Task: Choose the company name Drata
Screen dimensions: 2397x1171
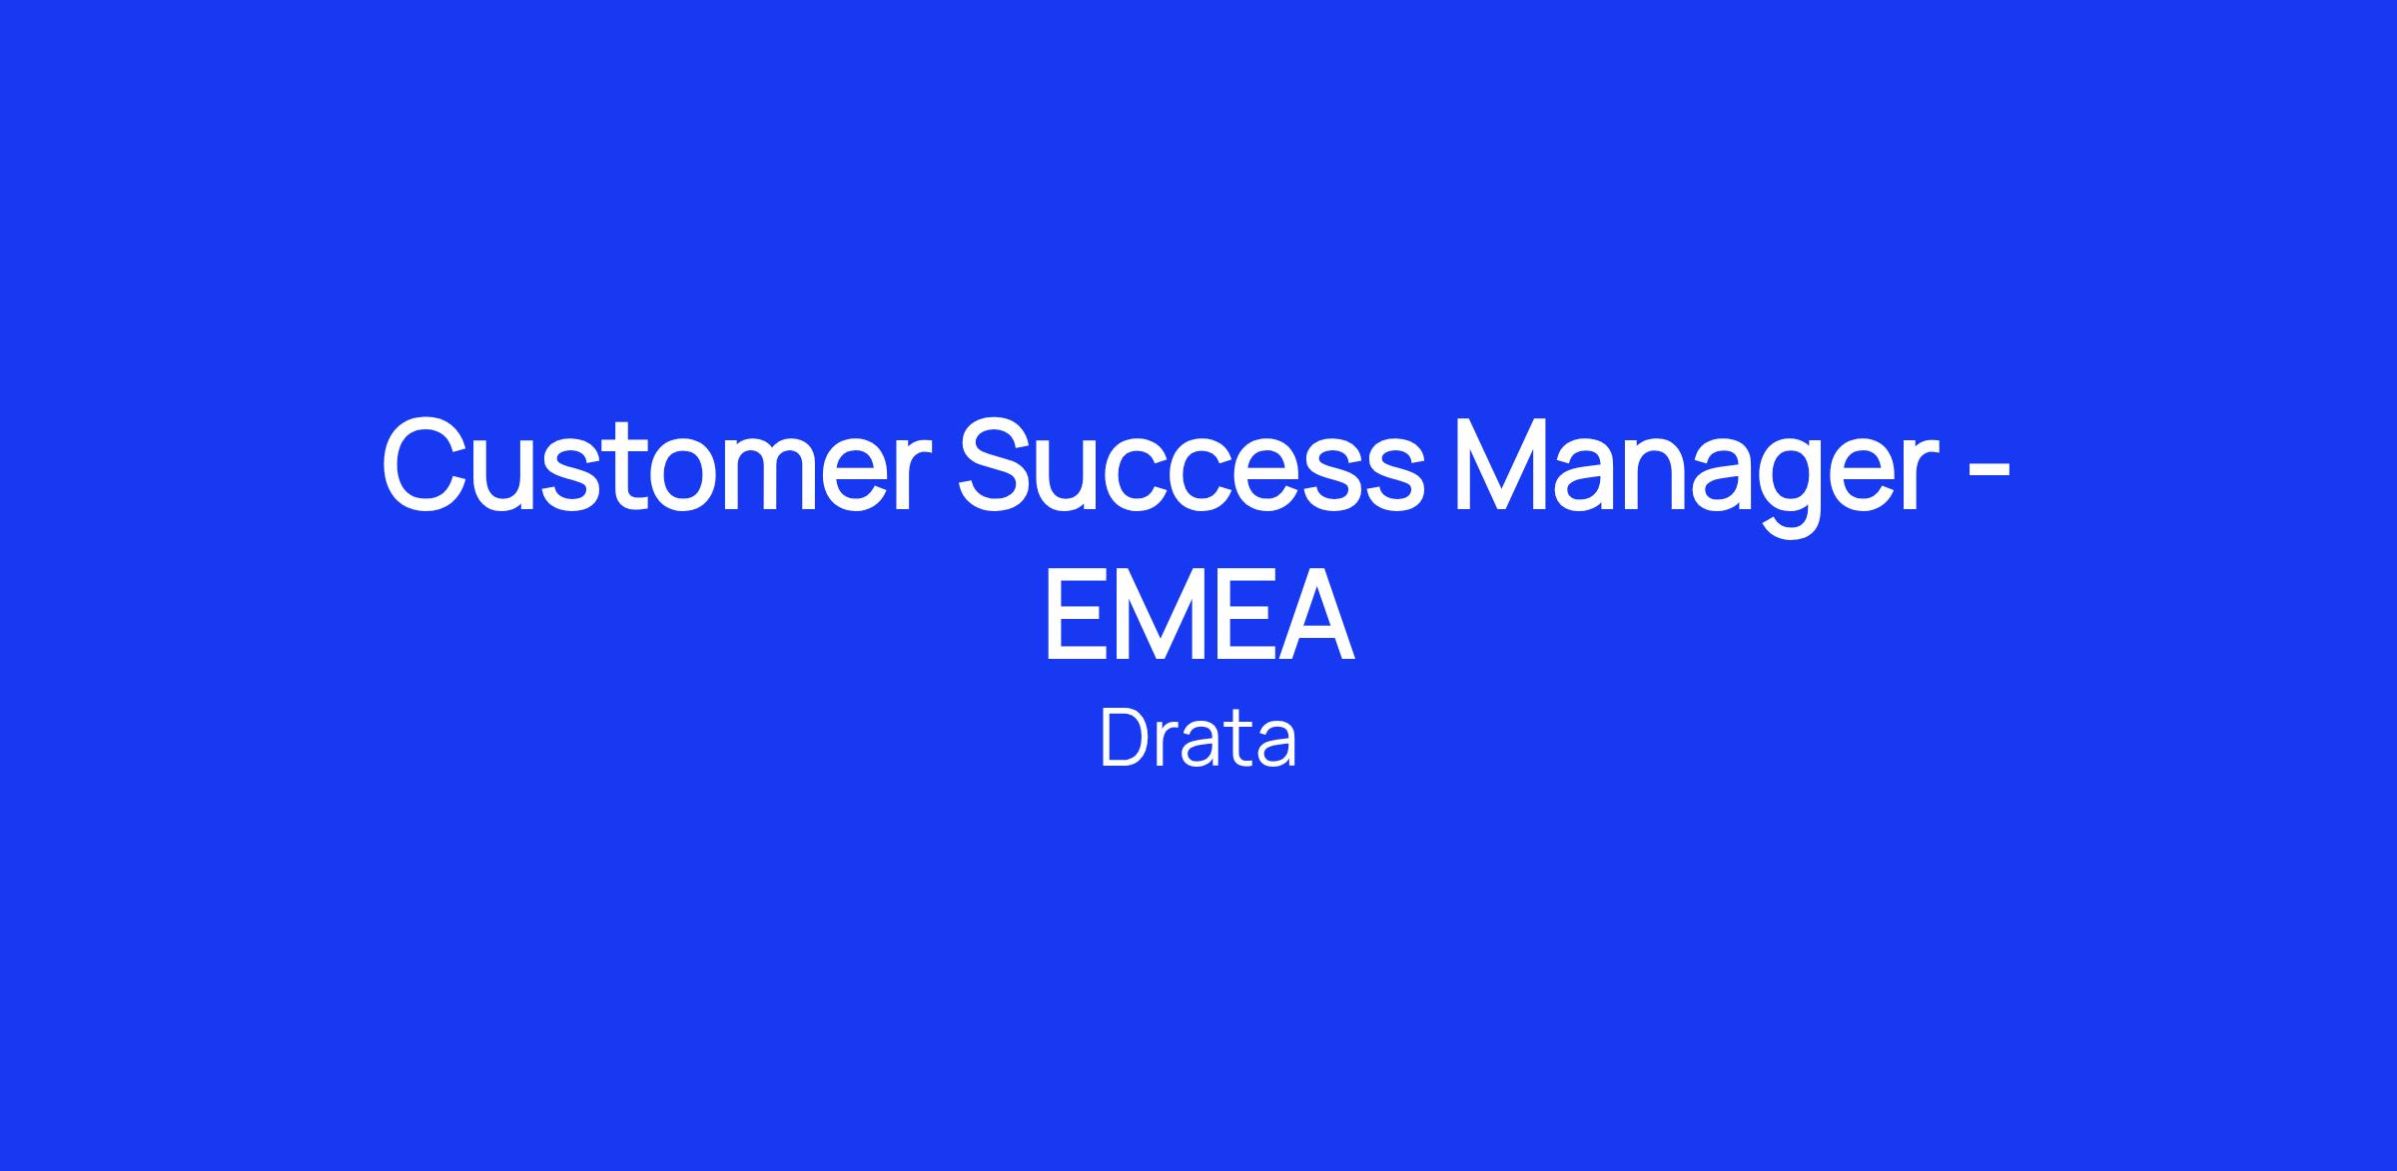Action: pyautogui.click(x=1198, y=738)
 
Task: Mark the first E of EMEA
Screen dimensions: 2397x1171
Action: pyautogui.click(x=1073, y=614)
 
